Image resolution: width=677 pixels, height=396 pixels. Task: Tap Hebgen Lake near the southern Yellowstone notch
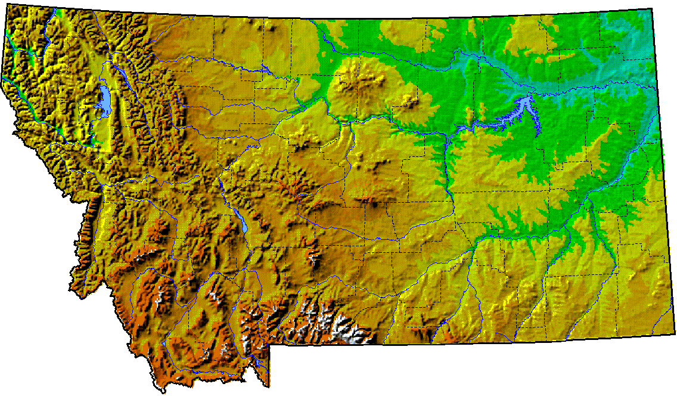tap(255, 360)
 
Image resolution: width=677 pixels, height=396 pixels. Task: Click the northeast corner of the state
tap(652, 9)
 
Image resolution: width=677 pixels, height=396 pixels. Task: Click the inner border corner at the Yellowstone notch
tap(269, 345)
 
